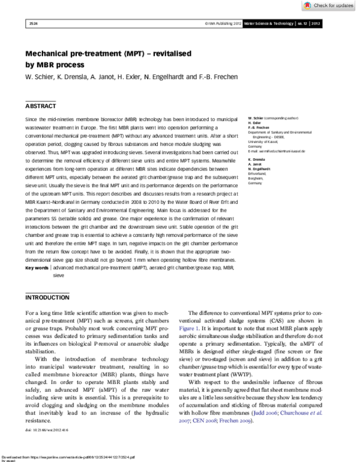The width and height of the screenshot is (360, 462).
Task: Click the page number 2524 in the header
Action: [x=33, y=24]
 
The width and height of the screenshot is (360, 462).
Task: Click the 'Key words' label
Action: [x=37, y=267]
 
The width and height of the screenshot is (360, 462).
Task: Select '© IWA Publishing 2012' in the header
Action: [x=223, y=24]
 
